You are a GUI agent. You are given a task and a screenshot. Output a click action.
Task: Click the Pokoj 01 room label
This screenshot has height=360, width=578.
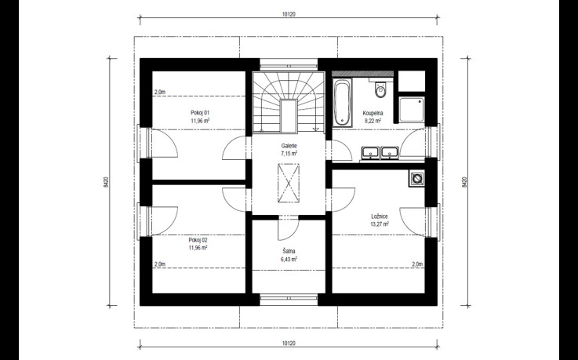click(x=200, y=113)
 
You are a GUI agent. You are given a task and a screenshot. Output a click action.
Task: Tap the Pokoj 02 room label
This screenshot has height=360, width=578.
click(x=198, y=240)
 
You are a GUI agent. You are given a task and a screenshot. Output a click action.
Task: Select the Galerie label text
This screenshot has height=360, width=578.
click(x=289, y=146)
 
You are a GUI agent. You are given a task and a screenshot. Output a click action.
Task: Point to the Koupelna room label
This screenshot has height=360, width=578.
click(x=373, y=113)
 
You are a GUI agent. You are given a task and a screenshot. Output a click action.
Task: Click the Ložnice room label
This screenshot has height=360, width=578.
click(x=379, y=216)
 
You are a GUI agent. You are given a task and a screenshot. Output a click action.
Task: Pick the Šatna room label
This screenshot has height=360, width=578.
click(x=289, y=251)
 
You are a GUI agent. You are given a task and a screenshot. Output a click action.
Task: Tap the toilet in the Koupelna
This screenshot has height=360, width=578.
click(x=380, y=89)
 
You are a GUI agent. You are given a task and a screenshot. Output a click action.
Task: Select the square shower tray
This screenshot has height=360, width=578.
click(x=412, y=110)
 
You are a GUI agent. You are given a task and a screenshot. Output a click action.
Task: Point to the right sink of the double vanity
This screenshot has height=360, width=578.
click(x=389, y=152)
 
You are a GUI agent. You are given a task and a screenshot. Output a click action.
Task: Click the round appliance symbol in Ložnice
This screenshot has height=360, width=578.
click(x=416, y=179)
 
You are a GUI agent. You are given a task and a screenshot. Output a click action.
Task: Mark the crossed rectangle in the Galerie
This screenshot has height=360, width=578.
click(x=289, y=183)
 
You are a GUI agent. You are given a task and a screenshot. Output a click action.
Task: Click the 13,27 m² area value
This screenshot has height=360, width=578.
click(x=380, y=224)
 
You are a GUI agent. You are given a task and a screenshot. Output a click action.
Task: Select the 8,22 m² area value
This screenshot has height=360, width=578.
click(x=373, y=120)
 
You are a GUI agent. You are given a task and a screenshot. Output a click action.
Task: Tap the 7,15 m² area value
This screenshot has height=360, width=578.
click(x=289, y=153)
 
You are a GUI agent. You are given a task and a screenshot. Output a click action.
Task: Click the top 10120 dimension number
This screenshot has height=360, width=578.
click(x=289, y=15)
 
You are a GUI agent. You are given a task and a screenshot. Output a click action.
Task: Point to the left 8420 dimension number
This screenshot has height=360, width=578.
click(x=106, y=182)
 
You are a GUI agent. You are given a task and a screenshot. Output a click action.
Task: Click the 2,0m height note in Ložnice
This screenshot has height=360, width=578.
click(x=417, y=264)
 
